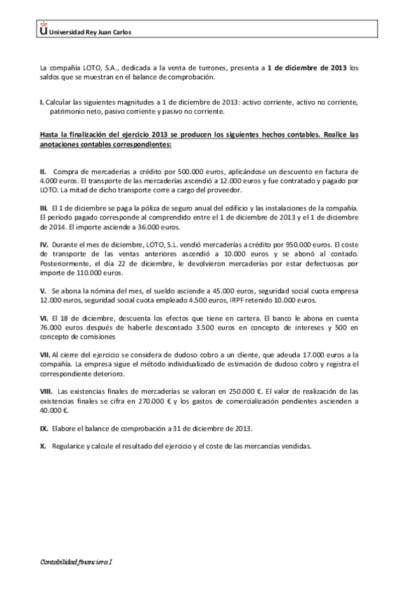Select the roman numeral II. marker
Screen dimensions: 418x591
pyautogui.click(x=43, y=170)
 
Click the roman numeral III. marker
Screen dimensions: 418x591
pyautogui.click(x=43, y=208)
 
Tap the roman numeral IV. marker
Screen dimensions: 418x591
pyautogui.click(x=44, y=245)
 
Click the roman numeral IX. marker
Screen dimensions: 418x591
pyautogui.click(x=44, y=427)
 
